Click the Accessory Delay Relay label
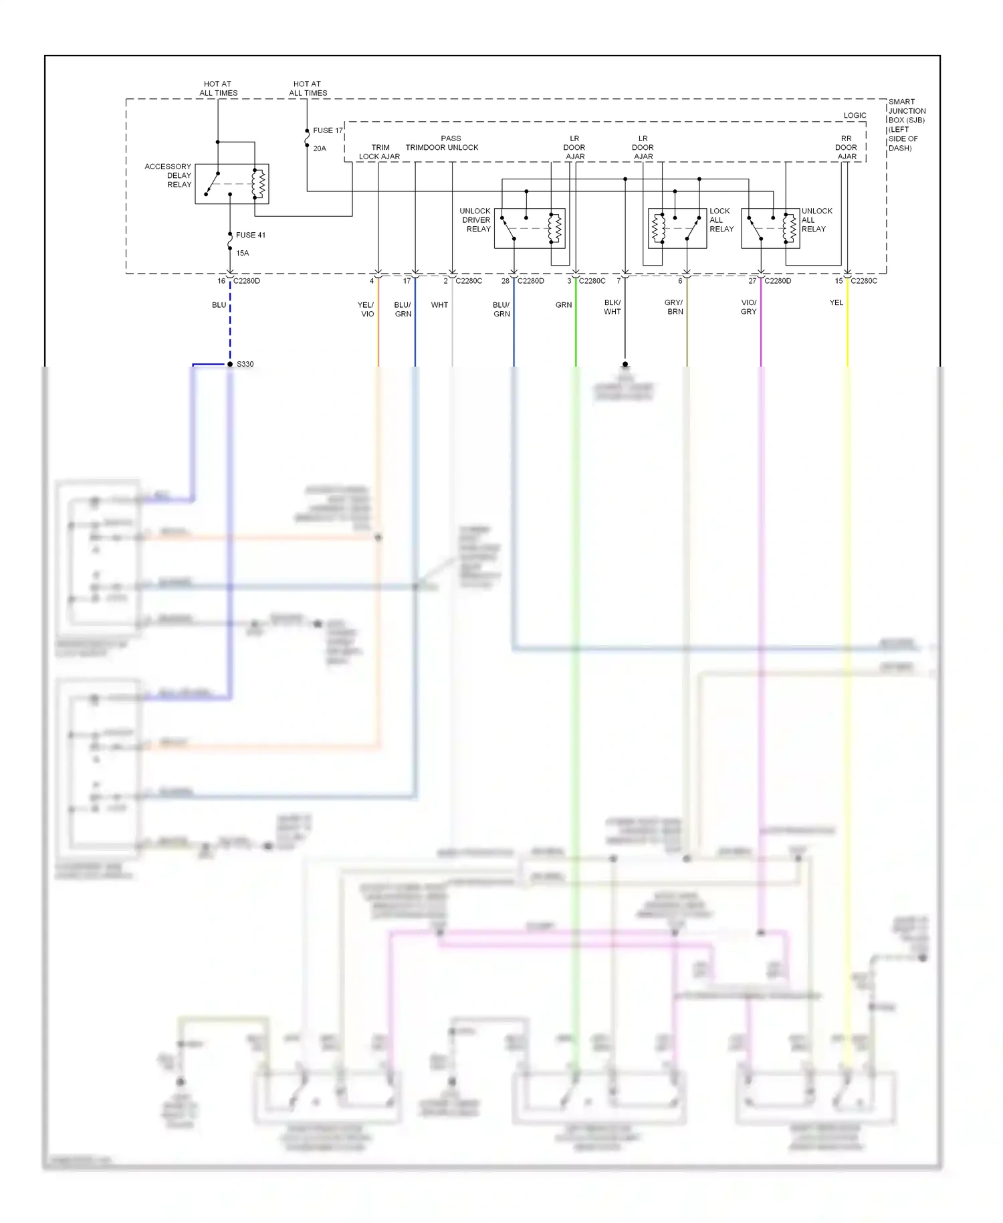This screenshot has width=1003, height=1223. [169, 175]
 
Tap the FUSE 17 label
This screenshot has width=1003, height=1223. [328, 130]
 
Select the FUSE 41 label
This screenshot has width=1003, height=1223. [250, 235]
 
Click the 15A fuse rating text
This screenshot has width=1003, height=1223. [242, 253]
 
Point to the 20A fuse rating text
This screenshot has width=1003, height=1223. [320, 149]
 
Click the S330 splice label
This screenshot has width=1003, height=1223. [245, 364]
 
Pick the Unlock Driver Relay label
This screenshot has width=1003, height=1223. [475, 220]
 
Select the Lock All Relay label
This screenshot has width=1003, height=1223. [721, 220]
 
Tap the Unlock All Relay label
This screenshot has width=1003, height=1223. [816, 220]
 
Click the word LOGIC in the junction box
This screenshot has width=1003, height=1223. [855, 115]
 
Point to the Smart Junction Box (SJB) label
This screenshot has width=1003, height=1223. [907, 125]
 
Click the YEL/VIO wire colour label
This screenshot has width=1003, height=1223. [366, 309]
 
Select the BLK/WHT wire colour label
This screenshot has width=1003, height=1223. [612, 307]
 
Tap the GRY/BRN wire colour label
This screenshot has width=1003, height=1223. [674, 307]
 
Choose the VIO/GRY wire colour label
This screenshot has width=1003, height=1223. [749, 307]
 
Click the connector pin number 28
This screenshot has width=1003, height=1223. [506, 281]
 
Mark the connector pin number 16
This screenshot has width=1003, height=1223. [221, 281]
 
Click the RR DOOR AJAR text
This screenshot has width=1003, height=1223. [847, 147]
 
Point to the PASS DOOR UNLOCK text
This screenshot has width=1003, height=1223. [451, 143]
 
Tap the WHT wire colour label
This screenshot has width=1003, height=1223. [439, 305]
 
